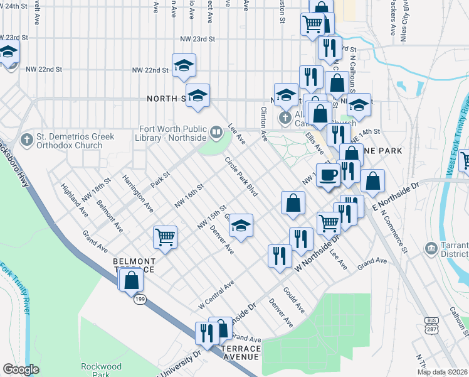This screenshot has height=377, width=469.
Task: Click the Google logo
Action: coord(21,369)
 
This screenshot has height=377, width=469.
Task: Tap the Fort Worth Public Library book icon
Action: coord(216,132)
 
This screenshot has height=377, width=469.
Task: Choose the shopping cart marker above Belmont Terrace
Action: coord(165,237)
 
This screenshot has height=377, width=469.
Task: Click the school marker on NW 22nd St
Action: coord(184,65)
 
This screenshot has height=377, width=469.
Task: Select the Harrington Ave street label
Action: coord(138,192)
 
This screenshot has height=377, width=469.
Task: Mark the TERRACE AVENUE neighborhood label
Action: coord(239,352)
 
